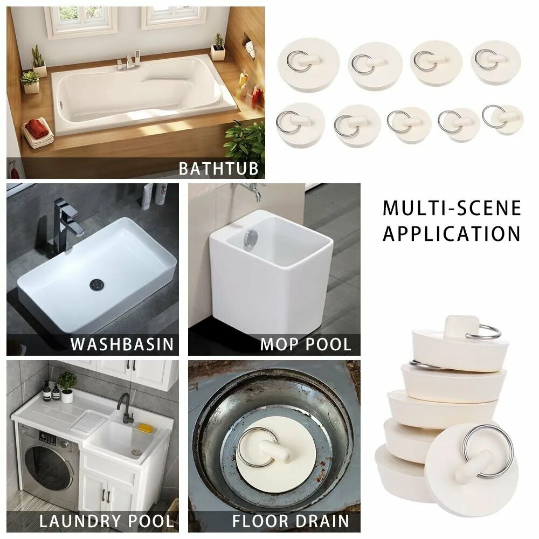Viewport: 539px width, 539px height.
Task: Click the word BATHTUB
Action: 218,168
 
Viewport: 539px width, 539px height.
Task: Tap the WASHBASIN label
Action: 122,344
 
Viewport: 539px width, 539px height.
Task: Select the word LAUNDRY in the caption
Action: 81,521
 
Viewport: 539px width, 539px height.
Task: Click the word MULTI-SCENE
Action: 452,208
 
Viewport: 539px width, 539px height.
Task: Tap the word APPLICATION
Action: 452,234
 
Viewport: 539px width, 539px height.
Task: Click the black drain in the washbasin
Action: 96,284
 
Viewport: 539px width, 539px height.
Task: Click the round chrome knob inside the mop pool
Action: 251,238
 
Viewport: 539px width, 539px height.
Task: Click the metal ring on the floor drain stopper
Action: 258,447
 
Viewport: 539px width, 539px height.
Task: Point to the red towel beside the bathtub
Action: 37,125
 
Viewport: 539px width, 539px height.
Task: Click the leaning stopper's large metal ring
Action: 488,451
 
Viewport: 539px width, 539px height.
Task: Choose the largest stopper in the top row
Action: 309,64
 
